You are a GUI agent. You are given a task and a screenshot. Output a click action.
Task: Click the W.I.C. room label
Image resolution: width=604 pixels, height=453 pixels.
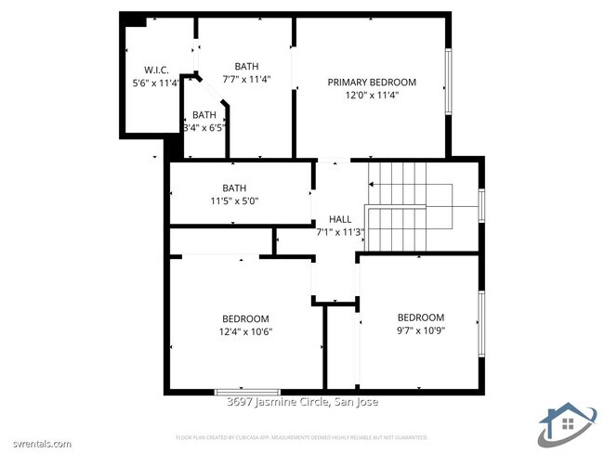tap(155, 70)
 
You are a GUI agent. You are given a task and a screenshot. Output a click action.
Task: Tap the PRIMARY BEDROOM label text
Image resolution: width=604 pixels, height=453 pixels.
tap(372, 82)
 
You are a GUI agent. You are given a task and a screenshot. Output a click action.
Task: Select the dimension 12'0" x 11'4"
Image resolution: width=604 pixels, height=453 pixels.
tap(372, 95)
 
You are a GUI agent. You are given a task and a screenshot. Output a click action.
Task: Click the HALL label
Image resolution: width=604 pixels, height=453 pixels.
tap(340, 219)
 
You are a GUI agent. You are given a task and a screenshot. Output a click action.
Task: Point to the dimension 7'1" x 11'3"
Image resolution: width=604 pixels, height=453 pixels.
tap(340, 232)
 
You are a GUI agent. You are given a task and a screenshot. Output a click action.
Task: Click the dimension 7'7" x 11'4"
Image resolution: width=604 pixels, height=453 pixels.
tap(247, 79)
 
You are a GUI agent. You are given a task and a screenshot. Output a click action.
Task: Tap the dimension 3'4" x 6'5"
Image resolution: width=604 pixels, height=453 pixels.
tap(204, 127)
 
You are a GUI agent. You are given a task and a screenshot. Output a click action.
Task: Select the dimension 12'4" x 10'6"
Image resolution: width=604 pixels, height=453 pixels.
tap(245, 330)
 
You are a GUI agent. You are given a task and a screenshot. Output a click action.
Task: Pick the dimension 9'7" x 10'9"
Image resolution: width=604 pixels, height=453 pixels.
tap(420, 330)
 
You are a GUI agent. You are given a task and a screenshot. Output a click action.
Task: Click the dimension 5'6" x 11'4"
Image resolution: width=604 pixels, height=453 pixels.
tap(155, 83)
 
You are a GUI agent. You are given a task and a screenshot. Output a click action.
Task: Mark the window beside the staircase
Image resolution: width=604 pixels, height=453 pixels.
tap(481, 205)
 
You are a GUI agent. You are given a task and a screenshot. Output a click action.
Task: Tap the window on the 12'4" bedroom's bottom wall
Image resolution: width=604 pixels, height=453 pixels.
tap(247, 392)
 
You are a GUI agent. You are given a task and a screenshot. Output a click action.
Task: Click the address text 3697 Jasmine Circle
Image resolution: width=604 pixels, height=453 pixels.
tap(302, 402)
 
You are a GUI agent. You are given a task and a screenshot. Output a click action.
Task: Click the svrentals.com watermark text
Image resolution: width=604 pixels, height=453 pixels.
tap(37, 444)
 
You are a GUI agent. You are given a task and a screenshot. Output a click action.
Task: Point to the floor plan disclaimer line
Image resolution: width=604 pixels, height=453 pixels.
tap(302, 436)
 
